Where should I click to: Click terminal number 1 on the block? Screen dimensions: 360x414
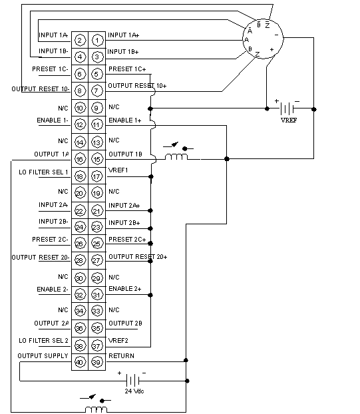point(97,41)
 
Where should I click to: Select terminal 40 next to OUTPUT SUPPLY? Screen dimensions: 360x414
point(80,362)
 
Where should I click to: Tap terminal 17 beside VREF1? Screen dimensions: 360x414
point(96,176)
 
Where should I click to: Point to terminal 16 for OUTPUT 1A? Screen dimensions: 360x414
point(80,159)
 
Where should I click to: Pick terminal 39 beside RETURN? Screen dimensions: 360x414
point(96,362)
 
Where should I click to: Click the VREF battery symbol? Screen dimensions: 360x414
point(287,108)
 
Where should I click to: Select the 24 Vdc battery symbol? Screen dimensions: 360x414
point(133,381)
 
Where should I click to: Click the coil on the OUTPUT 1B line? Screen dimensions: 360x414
point(176,156)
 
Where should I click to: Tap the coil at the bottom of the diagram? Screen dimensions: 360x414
point(96,409)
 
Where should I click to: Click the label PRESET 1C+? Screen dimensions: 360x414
point(127,69)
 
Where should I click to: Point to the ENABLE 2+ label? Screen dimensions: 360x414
point(125,289)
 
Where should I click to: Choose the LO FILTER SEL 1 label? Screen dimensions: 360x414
point(43,172)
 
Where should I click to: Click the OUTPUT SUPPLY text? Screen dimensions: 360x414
point(43,356)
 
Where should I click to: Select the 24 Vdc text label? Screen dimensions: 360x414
point(134,391)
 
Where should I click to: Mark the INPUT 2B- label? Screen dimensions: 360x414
point(53,221)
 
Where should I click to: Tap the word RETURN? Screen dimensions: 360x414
point(121,356)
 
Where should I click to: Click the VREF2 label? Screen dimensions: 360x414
point(118,341)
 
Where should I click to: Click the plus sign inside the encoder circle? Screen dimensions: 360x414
point(271,50)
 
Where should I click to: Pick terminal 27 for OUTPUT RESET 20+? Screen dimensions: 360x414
point(96,260)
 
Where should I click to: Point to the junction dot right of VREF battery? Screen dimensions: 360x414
point(314,109)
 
